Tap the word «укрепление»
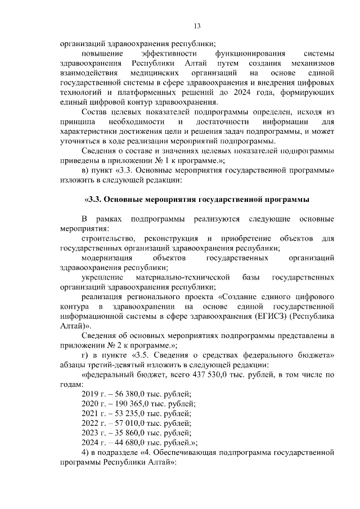click(103, 278)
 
